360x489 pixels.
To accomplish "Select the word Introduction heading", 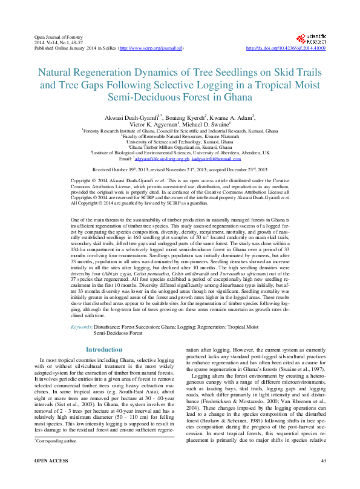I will (x=103, y=349).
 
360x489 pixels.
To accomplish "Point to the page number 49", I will (x=324, y=479).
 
